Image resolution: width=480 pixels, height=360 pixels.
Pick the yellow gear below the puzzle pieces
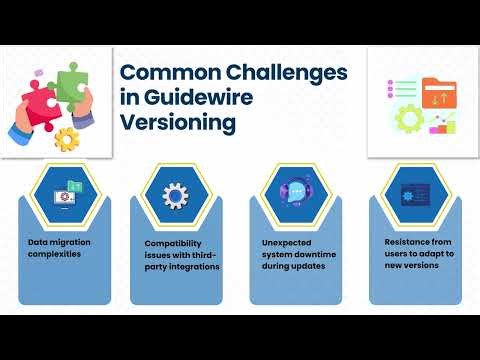pos(67,136)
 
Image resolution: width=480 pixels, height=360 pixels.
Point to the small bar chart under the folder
pos(441,125)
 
